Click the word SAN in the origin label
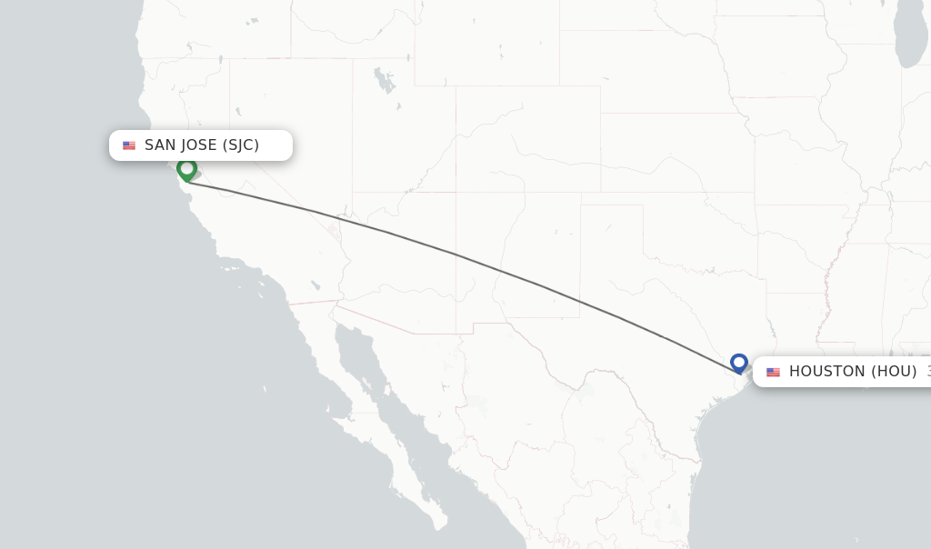coord(160,145)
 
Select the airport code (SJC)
coord(241,145)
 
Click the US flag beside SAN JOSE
coord(129,145)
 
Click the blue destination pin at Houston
coord(739,363)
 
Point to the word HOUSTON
coord(827,372)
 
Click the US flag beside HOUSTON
coord(773,372)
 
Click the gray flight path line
coord(455,254)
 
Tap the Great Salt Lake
coord(384,82)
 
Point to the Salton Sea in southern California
coord(315,284)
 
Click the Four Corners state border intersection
coord(455,192)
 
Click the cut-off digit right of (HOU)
coord(928,372)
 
